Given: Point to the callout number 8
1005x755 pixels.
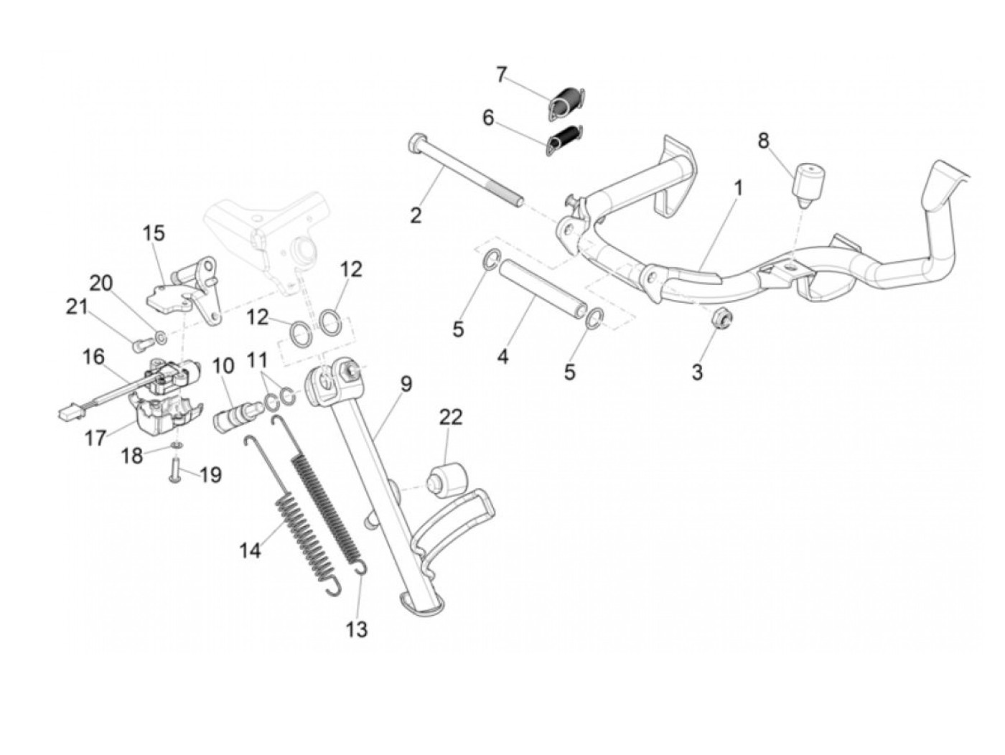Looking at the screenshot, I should [763, 141].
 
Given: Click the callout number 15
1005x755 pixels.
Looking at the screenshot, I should [153, 233].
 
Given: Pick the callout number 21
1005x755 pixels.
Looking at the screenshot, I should [77, 307].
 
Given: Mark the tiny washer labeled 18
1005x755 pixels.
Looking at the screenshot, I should [174, 446].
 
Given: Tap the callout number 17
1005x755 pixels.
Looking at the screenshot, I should [95, 437].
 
